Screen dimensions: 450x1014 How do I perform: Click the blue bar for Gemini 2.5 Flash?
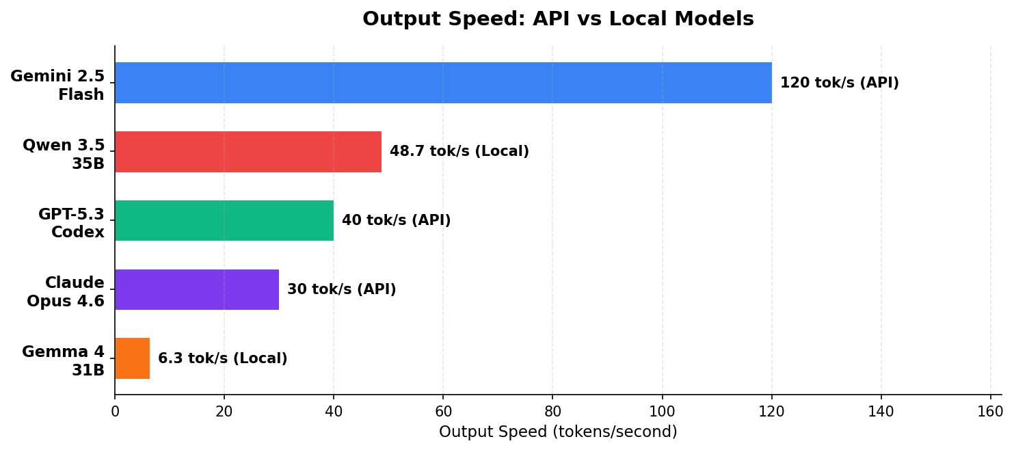coord(443,83)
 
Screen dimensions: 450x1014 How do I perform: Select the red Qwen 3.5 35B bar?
coord(248,152)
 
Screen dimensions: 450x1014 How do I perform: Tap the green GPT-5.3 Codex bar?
coord(224,220)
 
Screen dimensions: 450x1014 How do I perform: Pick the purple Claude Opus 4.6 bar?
coord(197,289)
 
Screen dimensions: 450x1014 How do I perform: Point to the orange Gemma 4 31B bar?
coord(132,358)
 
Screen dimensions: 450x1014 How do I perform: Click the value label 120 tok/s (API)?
coord(839,83)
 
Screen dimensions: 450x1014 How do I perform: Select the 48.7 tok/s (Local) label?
coord(459,152)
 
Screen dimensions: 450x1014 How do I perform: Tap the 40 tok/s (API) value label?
coord(396,221)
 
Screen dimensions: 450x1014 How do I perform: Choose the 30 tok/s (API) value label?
coord(341,290)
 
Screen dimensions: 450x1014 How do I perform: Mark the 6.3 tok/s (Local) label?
coord(222,359)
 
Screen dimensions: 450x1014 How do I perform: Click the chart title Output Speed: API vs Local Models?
coord(558,19)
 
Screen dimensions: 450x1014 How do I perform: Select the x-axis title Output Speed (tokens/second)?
coord(558,432)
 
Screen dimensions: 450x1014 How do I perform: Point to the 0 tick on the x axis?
coord(115,412)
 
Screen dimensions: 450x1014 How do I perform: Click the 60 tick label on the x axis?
coord(443,412)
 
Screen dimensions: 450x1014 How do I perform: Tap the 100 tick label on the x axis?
coord(662,412)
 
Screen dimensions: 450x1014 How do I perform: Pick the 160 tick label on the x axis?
coord(990,412)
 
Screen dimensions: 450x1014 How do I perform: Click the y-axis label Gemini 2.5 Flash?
coord(57,85)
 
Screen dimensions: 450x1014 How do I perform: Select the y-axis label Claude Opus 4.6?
coord(66,292)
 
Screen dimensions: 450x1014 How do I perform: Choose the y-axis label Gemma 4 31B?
coord(64,361)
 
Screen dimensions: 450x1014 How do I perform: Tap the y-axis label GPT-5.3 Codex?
coord(71,223)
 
